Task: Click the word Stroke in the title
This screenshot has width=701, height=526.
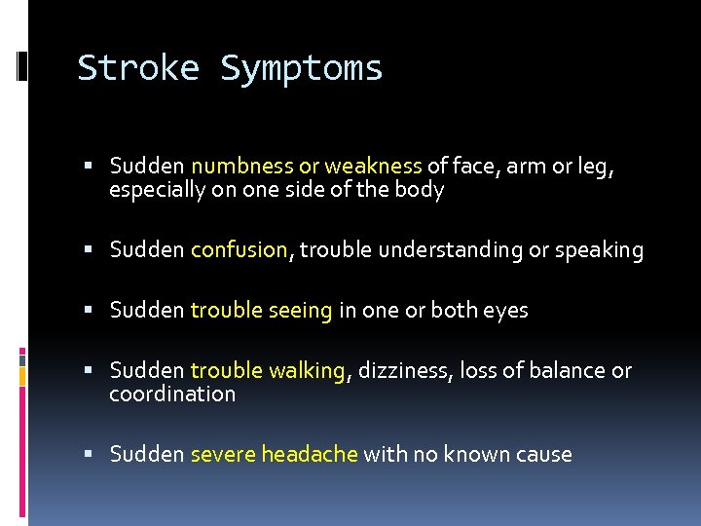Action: click(138, 68)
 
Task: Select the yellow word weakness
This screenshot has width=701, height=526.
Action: click(373, 167)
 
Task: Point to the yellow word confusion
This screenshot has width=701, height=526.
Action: click(240, 250)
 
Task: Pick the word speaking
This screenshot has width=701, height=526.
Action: click(599, 251)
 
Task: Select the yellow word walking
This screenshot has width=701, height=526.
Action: click(308, 371)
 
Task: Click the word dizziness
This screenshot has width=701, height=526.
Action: click(399, 371)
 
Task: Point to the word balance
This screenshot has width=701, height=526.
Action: click(563, 371)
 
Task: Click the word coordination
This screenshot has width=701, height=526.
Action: click(172, 394)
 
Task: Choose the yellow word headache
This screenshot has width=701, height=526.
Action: click(310, 454)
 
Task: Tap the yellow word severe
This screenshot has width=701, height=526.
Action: click(223, 455)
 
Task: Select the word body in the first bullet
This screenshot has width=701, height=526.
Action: click(422, 191)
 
